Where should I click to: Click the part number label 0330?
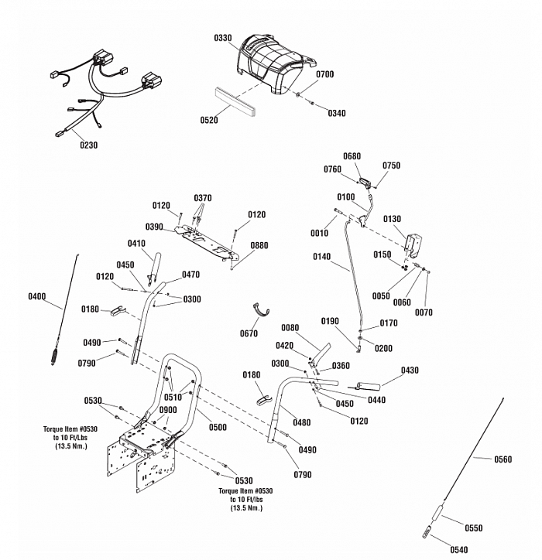(223, 37)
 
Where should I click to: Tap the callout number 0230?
(88, 144)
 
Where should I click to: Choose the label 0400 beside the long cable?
(36, 296)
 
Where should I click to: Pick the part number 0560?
(503, 459)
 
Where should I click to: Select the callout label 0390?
(154, 227)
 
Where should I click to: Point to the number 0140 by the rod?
(321, 256)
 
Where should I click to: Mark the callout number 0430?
(410, 370)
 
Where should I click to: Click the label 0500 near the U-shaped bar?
(218, 427)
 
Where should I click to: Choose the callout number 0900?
(168, 410)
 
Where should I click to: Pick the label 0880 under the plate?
(259, 245)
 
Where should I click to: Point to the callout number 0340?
(336, 113)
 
